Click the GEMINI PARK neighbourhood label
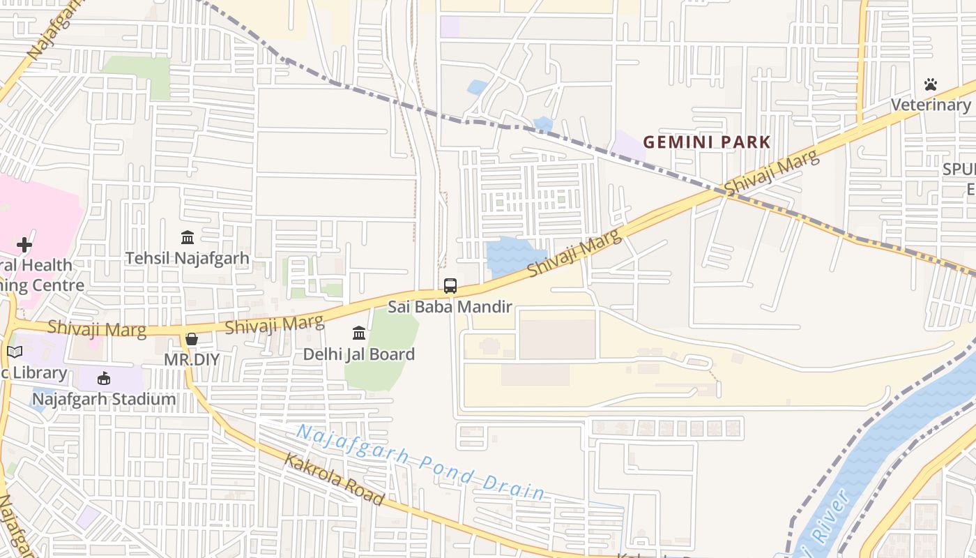click(x=706, y=142)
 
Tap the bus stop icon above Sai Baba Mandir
click(x=450, y=285)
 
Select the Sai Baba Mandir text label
click(x=450, y=306)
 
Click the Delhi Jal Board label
click(x=358, y=354)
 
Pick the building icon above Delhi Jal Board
click(x=359, y=333)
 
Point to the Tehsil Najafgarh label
click(x=187, y=258)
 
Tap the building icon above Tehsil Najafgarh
click(x=188, y=238)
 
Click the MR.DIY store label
click(x=192, y=360)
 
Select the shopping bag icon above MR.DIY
click(x=192, y=339)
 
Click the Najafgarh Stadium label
click(x=104, y=400)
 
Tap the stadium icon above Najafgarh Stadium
click(x=104, y=378)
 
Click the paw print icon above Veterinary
click(x=931, y=84)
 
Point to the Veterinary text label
click(x=931, y=105)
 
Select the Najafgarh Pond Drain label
click(x=420, y=462)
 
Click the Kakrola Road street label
click(x=333, y=478)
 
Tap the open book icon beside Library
click(x=15, y=352)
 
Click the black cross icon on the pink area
click(x=24, y=245)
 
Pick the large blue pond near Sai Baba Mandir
click(x=513, y=255)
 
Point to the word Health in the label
click(x=45, y=266)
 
